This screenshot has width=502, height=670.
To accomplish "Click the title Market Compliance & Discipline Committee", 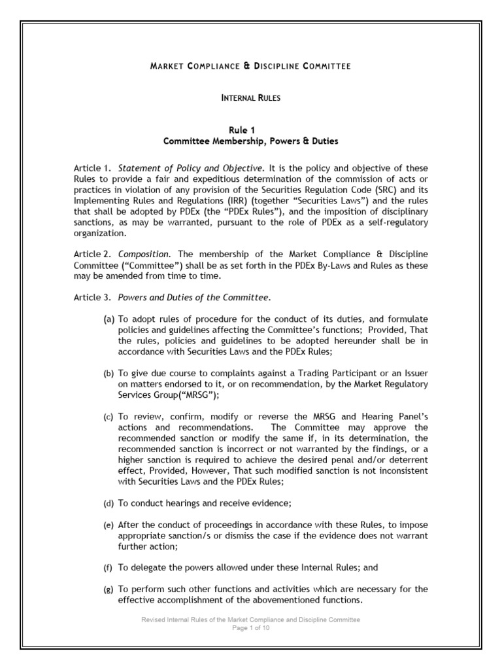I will click(x=251, y=66).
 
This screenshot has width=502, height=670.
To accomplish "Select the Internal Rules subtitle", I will click(x=251, y=97).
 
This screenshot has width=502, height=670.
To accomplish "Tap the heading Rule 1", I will click(x=251, y=130).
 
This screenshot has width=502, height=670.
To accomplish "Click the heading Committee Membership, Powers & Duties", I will click(x=251, y=141).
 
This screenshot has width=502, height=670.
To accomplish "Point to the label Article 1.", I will click(x=92, y=169).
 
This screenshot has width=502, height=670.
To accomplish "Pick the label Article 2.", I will click(x=92, y=253).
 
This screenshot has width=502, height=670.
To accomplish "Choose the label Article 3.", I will click(x=92, y=298).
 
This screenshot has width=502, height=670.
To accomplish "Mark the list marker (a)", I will click(x=108, y=320).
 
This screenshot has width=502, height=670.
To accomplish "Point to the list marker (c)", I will click(x=108, y=417).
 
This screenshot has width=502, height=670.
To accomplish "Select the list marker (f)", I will click(x=108, y=567).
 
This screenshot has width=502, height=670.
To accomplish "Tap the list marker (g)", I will click(x=108, y=590).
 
